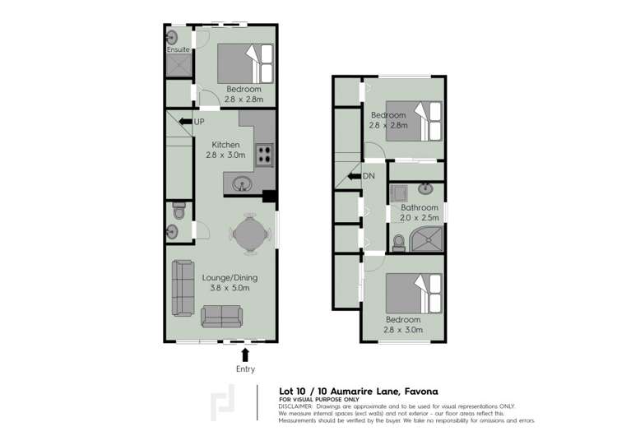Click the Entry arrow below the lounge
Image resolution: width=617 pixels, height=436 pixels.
[x=244, y=354]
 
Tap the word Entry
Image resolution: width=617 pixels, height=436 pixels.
[x=244, y=369]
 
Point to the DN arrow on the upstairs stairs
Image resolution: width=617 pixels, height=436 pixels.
[x=354, y=175]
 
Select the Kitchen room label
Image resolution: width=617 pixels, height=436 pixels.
[x=225, y=145]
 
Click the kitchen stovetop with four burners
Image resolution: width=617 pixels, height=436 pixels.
[x=264, y=152]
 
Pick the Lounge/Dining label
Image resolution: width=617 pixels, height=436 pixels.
[x=225, y=277]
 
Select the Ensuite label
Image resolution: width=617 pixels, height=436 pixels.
[x=178, y=49]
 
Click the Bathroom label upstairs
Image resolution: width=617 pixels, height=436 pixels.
[x=420, y=208]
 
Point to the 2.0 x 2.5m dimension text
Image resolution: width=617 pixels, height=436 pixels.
[x=420, y=218]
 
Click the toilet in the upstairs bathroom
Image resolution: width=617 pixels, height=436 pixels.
[x=398, y=241]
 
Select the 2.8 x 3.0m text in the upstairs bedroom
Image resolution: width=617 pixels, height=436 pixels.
[x=402, y=330]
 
